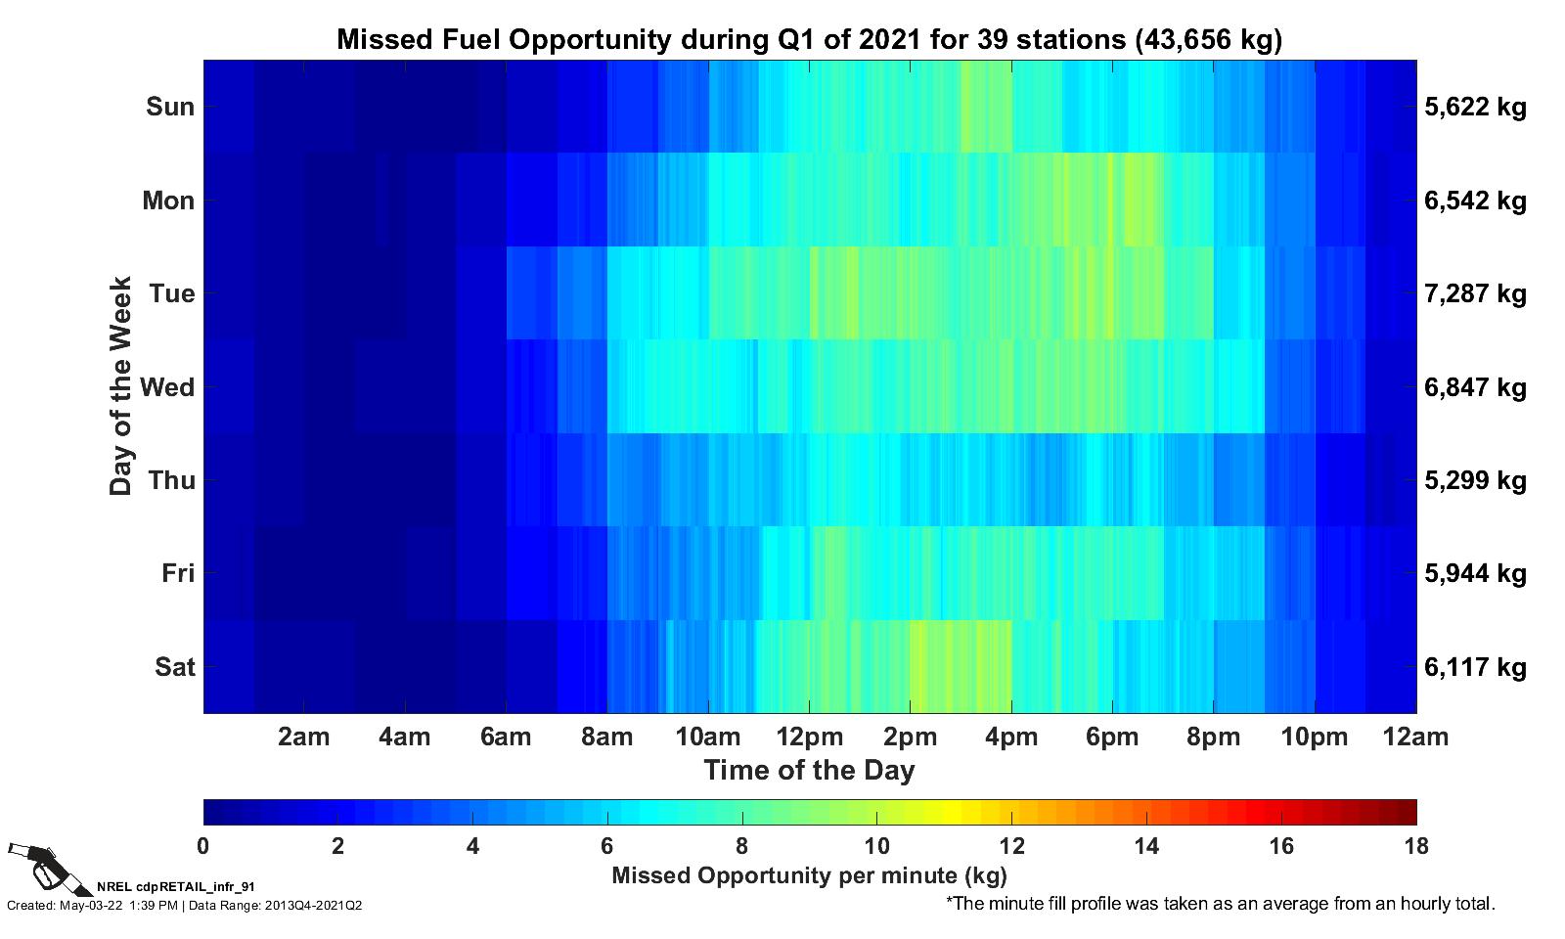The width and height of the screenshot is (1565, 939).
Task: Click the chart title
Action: pos(809,39)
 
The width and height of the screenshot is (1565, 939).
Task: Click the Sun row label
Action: pos(170,107)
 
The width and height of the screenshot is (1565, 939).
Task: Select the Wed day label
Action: pos(167,387)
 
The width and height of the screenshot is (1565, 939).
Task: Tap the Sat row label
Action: pos(175,667)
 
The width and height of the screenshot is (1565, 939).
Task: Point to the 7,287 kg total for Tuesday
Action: pos(1475,293)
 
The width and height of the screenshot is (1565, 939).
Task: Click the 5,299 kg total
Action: pos(1475,480)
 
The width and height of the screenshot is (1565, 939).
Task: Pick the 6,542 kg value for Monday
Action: pos(1475,201)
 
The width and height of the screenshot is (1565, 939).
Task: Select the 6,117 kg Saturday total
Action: pos(1475,667)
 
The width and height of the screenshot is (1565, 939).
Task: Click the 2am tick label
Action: pos(303,737)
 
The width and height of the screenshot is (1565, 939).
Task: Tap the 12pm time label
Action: pos(809,737)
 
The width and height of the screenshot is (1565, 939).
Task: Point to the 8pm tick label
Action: pos(1213,737)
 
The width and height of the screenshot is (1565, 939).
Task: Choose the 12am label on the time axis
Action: pos(1414,737)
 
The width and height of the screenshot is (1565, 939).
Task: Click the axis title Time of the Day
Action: pos(809,770)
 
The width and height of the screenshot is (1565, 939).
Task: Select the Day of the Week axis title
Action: pos(120,386)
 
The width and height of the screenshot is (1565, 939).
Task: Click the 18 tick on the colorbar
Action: pos(1414,846)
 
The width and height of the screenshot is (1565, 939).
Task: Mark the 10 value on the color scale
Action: pos(876,846)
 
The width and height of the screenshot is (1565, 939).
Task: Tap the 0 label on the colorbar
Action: pos(203,846)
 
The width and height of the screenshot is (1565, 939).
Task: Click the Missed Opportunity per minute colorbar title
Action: pos(809,874)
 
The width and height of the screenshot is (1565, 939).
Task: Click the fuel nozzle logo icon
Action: pos(37,865)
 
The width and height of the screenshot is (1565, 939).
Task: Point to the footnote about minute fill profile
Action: pos(1220,904)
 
